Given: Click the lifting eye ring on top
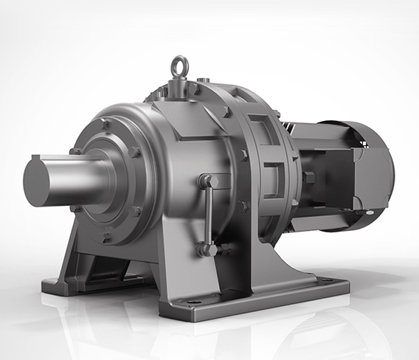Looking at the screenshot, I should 179,67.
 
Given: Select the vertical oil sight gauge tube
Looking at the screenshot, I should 209,214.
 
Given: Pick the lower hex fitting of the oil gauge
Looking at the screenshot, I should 207,249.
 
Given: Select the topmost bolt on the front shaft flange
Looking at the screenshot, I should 106,125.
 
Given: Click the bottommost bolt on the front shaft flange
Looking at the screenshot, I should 106,237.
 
